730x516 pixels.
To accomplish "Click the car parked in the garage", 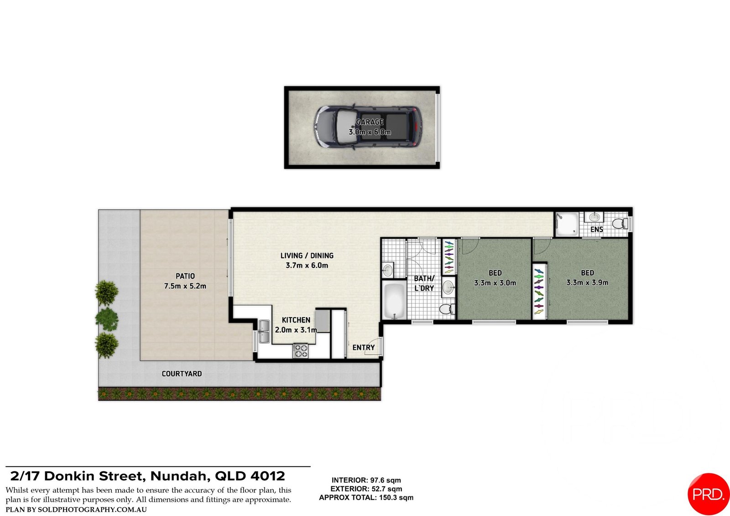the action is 368,127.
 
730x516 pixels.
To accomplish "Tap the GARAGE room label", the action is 370,122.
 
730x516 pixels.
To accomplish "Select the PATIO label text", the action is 185,276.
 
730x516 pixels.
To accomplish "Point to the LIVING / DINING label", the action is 307,255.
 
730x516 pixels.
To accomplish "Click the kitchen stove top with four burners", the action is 300,351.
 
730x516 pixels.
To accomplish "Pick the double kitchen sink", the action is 264,331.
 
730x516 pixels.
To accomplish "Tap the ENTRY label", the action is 363,348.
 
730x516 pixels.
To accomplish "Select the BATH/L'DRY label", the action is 424,283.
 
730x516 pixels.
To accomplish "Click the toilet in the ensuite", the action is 620,224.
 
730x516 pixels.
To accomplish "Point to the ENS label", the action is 597,229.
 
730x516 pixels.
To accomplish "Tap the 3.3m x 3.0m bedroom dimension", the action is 495,283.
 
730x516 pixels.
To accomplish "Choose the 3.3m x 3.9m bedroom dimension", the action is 587,282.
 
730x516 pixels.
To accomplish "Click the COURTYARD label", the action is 182,374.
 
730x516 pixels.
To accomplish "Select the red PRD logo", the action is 709,494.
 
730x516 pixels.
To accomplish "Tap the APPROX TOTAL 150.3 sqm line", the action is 366,498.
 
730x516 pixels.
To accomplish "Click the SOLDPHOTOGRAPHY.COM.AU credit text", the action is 92,510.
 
